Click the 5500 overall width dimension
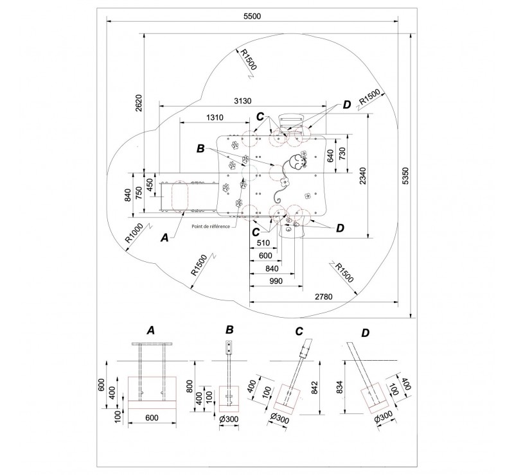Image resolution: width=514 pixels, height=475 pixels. click(252, 16)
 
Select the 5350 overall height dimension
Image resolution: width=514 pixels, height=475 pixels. click(405, 176)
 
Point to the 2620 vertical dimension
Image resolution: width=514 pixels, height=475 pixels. click(139, 103)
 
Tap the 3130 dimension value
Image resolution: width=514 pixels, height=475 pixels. click(243, 101)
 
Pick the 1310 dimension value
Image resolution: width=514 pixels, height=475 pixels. click(215, 117)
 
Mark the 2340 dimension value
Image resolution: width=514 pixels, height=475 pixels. click(362, 176)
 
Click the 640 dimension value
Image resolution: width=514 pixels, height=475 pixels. click(330, 155)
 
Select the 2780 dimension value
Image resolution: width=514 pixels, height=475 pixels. click(324, 297)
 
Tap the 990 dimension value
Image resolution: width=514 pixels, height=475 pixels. click(276, 281)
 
